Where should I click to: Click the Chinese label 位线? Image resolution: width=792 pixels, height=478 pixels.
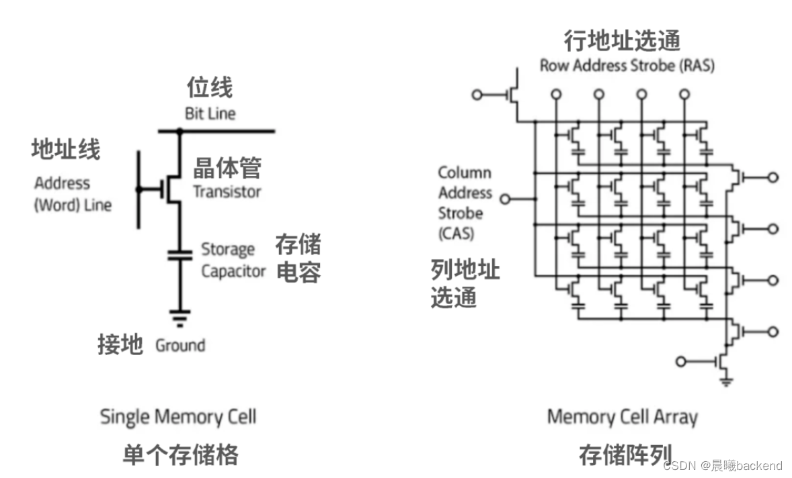pyautogui.click(x=210, y=88)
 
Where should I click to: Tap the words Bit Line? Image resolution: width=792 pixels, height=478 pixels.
pyautogui.click(x=210, y=113)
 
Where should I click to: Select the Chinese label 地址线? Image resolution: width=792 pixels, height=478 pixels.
pyautogui.click(x=65, y=150)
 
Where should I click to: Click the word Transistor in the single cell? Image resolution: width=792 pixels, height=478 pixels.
pyautogui.click(x=227, y=192)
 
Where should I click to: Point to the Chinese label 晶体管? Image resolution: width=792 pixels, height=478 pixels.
pyautogui.click(x=227, y=168)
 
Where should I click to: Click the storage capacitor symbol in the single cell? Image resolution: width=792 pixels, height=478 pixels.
pyautogui.click(x=180, y=254)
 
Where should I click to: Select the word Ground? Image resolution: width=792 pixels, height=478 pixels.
pyautogui.click(x=180, y=346)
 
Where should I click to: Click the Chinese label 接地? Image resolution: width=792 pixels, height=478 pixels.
pyautogui.click(x=120, y=345)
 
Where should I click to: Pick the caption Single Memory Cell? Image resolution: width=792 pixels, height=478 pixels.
pyautogui.click(x=178, y=416)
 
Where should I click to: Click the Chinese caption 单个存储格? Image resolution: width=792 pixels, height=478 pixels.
pyautogui.click(x=180, y=455)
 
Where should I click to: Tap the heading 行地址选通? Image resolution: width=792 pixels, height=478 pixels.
pyautogui.click(x=622, y=41)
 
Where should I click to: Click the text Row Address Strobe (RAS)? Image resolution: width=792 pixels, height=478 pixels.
pyautogui.click(x=627, y=66)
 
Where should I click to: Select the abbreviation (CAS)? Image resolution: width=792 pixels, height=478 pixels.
pyautogui.click(x=457, y=234)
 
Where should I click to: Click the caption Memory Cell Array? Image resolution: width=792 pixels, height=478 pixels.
pyautogui.click(x=622, y=417)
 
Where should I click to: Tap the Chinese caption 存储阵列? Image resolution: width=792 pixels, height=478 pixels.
pyautogui.click(x=625, y=455)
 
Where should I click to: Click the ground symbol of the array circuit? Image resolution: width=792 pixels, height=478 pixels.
pyautogui.click(x=725, y=382)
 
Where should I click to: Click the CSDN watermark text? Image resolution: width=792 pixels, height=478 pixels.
pyautogui.click(x=723, y=465)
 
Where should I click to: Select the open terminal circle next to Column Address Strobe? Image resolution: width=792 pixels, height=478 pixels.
pyautogui.click(x=506, y=199)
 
